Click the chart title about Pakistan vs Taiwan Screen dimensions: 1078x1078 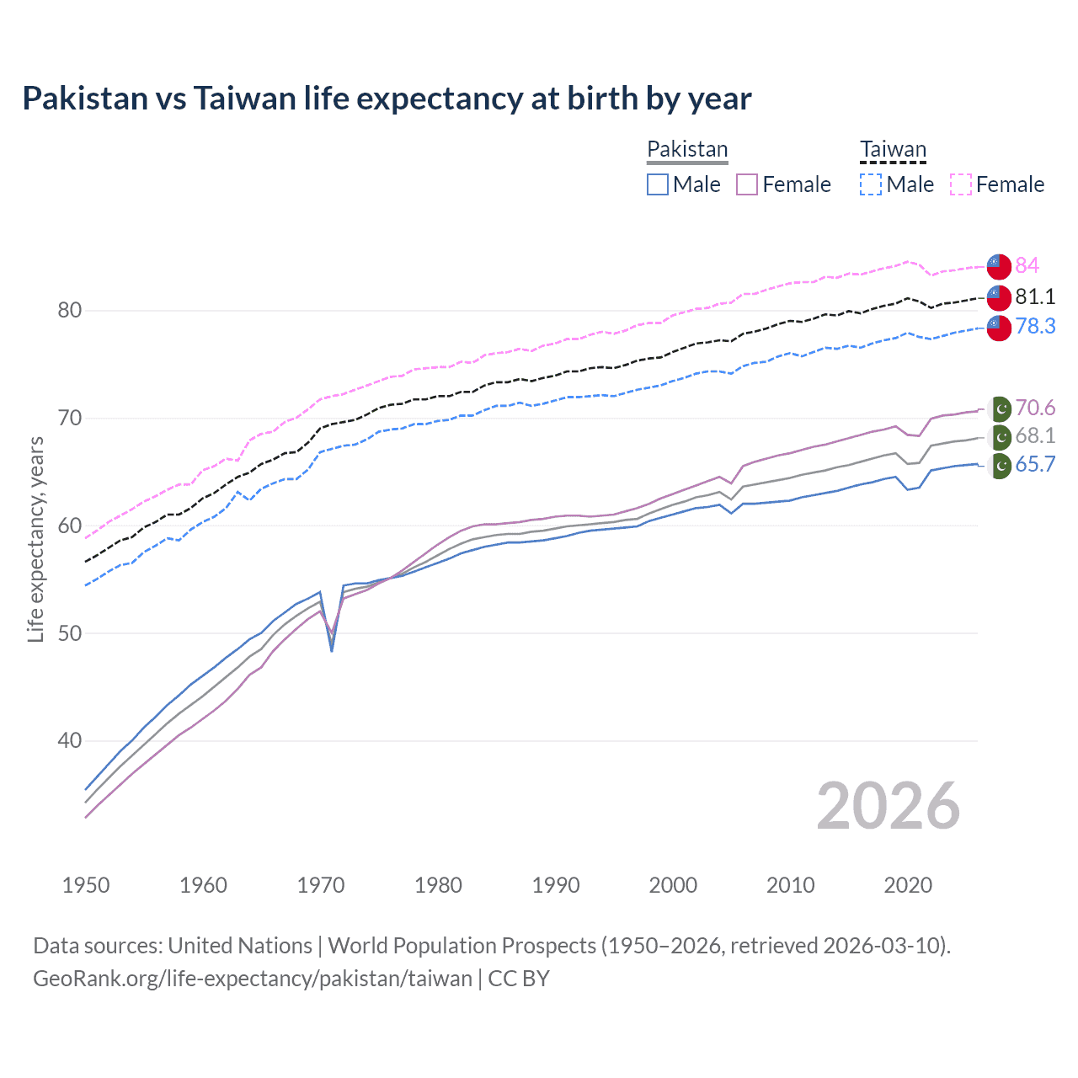point(387,99)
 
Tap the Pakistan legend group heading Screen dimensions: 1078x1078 point(687,149)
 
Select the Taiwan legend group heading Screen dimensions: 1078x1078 point(893,149)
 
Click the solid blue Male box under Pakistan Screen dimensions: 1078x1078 point(658,184)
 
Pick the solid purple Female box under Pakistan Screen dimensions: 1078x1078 point(747,184)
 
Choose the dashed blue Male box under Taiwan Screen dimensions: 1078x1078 point(871,184)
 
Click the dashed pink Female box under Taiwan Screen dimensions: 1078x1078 point(961,184)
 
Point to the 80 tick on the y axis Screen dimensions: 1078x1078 point(70,310)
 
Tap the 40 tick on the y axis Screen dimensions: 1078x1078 point(70,740)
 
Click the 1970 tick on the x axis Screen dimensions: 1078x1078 point(321,885)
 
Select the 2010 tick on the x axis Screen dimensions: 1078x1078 point(790,885)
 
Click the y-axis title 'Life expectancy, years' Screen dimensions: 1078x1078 point(35,539)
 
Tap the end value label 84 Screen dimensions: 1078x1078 point(1027,265)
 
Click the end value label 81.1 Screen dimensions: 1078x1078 point(1035,296)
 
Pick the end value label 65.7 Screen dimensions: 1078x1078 point(1035,464)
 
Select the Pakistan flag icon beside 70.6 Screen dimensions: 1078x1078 point(1000,409)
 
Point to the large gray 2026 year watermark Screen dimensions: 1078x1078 point(888,806)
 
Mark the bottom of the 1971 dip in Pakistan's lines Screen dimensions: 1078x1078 point(332,649)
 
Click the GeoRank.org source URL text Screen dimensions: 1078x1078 point(253,979)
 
